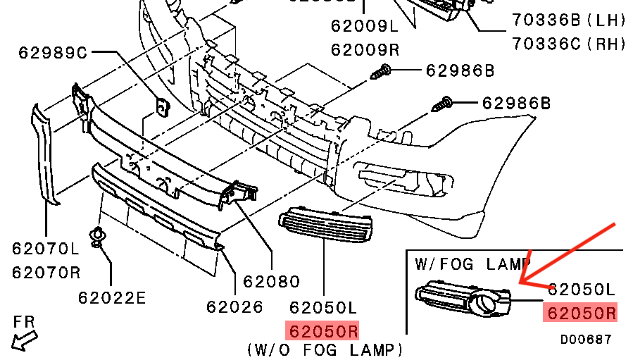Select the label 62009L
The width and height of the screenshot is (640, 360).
tap(365, 27)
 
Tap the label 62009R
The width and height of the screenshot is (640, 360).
tap(365, 49)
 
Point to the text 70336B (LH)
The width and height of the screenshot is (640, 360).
tap(569, 21)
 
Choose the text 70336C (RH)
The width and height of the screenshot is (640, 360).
tap(569, 44)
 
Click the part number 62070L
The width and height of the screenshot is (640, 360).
tap(46, 248)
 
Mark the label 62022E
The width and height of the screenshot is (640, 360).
tap(113, 297)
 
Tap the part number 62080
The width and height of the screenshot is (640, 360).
tap(272, 282)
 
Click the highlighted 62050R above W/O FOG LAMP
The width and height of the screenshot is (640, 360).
tap(322, 330)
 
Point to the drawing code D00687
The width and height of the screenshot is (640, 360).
tap(586, 340)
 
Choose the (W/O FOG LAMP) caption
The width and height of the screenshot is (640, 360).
tap(325, 349)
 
